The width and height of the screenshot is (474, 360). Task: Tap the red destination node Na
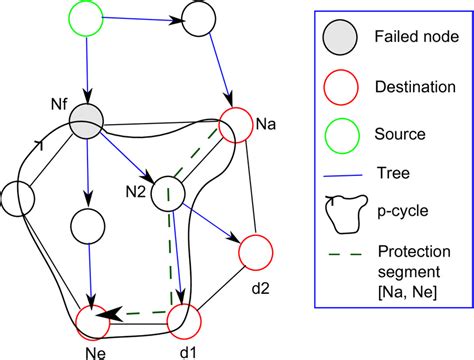[239, 126]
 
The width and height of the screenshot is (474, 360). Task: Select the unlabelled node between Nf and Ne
[88, 225]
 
